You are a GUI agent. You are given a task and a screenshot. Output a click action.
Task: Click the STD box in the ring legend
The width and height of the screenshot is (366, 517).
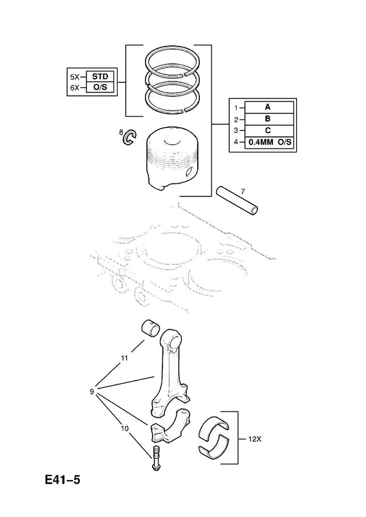pyautogui.click(x=100, y=76)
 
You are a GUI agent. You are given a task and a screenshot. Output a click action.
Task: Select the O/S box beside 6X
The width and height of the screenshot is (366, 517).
pyautogui.click(x=100, y=87)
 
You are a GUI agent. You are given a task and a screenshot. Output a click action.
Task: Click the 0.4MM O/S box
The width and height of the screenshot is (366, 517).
pyautogui.click(x=269, y=142)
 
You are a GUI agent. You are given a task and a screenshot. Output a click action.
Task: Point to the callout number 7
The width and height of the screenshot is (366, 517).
pyautogui.click(x=242, y=191)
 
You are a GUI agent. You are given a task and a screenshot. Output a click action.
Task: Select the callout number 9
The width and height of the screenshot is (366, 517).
pyautogui.click(x=92, y=392)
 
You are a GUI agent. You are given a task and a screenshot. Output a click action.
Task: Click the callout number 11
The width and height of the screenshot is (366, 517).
pyautogui.click(x=124, y=358)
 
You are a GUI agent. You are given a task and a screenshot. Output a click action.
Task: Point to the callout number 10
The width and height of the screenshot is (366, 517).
pyautogui.click(x=125, y=428)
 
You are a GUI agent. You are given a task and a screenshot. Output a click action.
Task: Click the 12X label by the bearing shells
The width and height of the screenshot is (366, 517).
pyautogui.click(x=254, y=439)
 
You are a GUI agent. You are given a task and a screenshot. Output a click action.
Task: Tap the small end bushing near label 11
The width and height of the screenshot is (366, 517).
pyautogui.click(x=150, y=327)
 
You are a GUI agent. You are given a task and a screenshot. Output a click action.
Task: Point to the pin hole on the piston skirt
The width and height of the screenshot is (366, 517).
pyautogui.click(x=190, y=172)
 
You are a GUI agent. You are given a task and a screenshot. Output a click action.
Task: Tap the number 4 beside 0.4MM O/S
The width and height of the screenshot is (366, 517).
pyautogui.click(x=235, y=142)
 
